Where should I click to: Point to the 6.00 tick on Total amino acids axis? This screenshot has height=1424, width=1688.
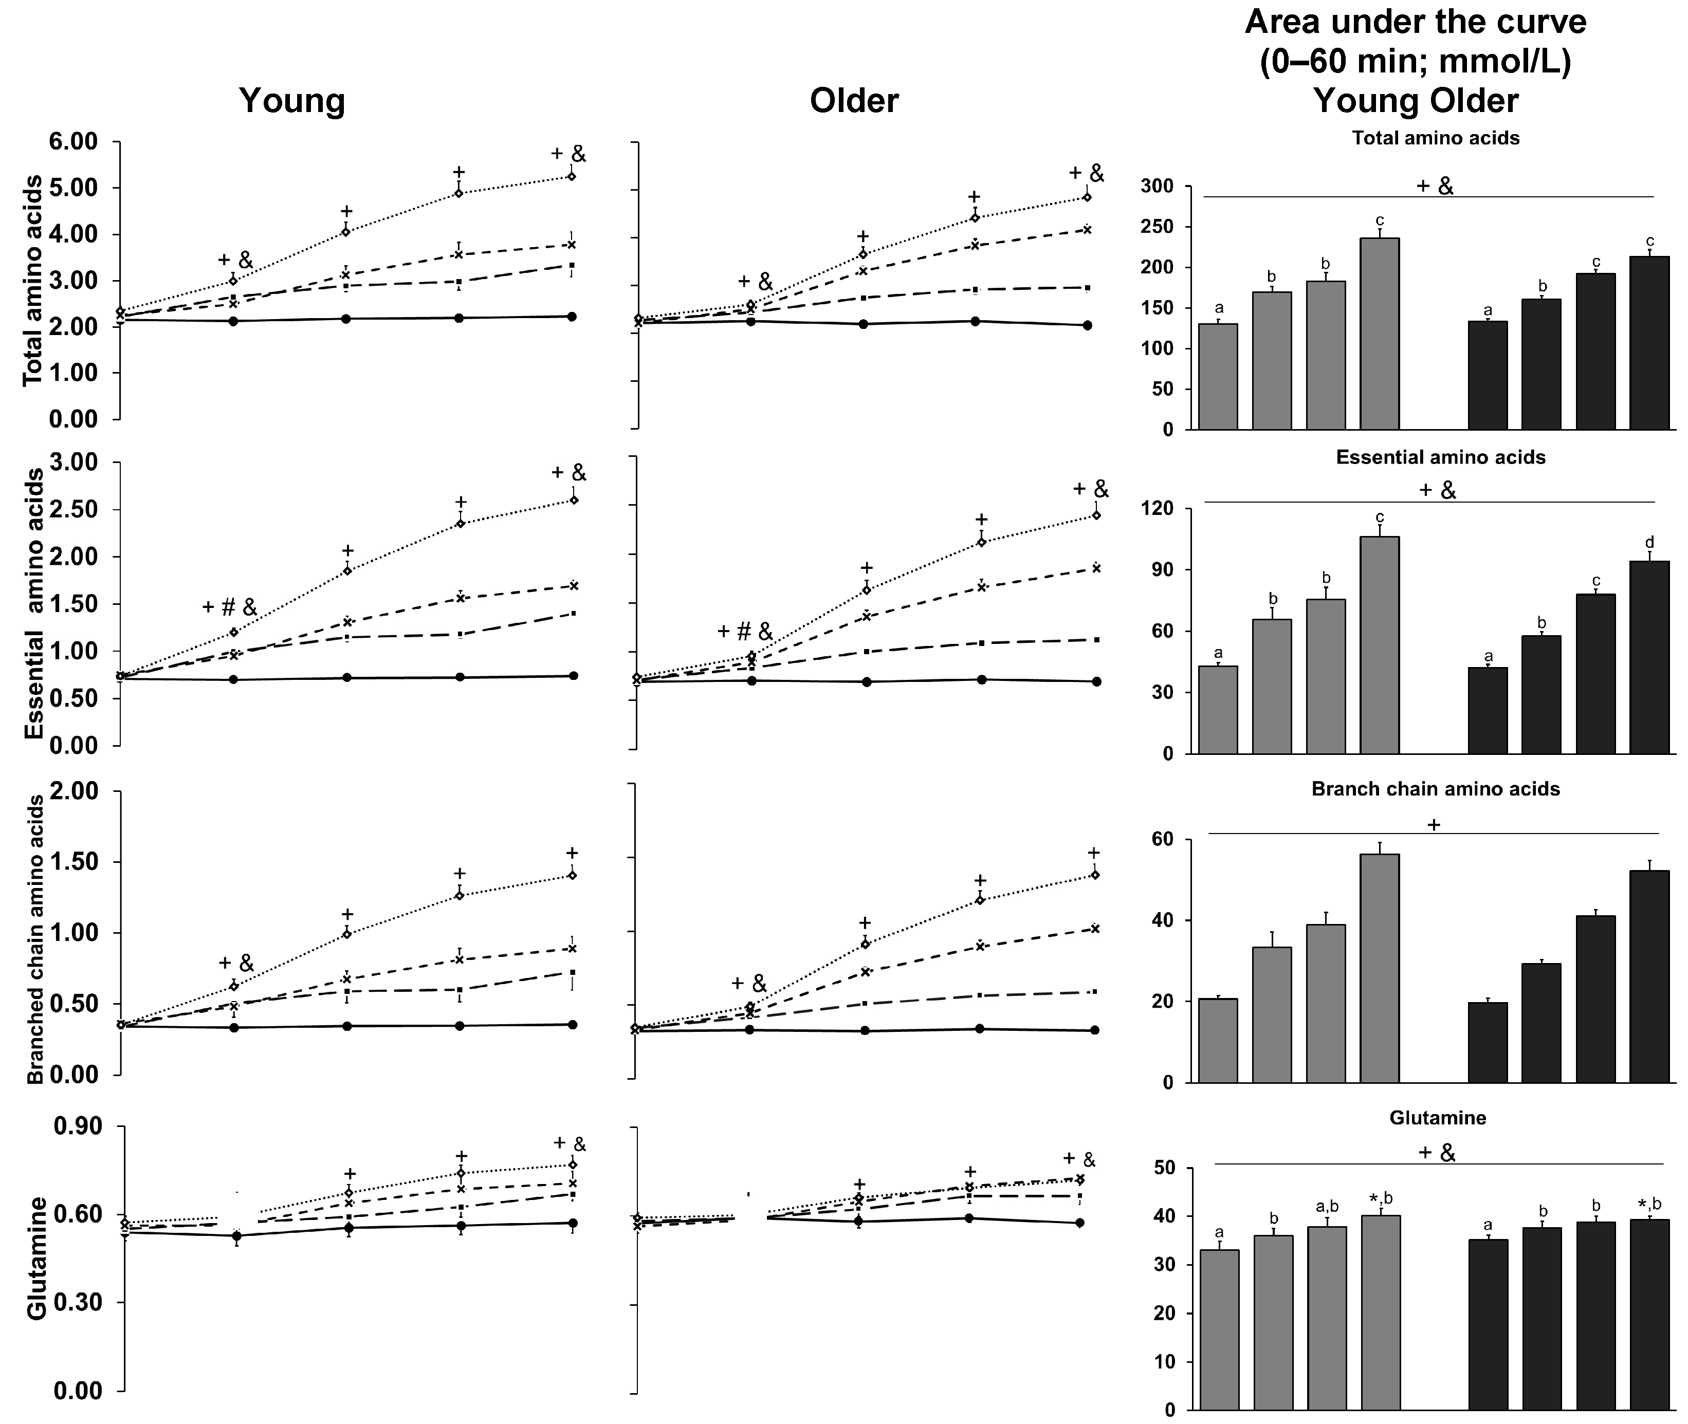[x=74, y=142]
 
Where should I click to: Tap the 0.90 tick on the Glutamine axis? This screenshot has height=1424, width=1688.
[x=79, y=1126]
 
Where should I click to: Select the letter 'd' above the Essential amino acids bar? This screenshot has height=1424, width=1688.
[x=1649, y=542]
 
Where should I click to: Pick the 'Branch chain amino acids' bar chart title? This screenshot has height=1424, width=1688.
[x=1435, y=789]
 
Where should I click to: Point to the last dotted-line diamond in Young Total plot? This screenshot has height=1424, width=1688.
[x=572, y=176]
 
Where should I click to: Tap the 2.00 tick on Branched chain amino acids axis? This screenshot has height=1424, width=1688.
[x=74, y=791]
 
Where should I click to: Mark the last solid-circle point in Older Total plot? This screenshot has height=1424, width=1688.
[x=1087, y=325]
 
